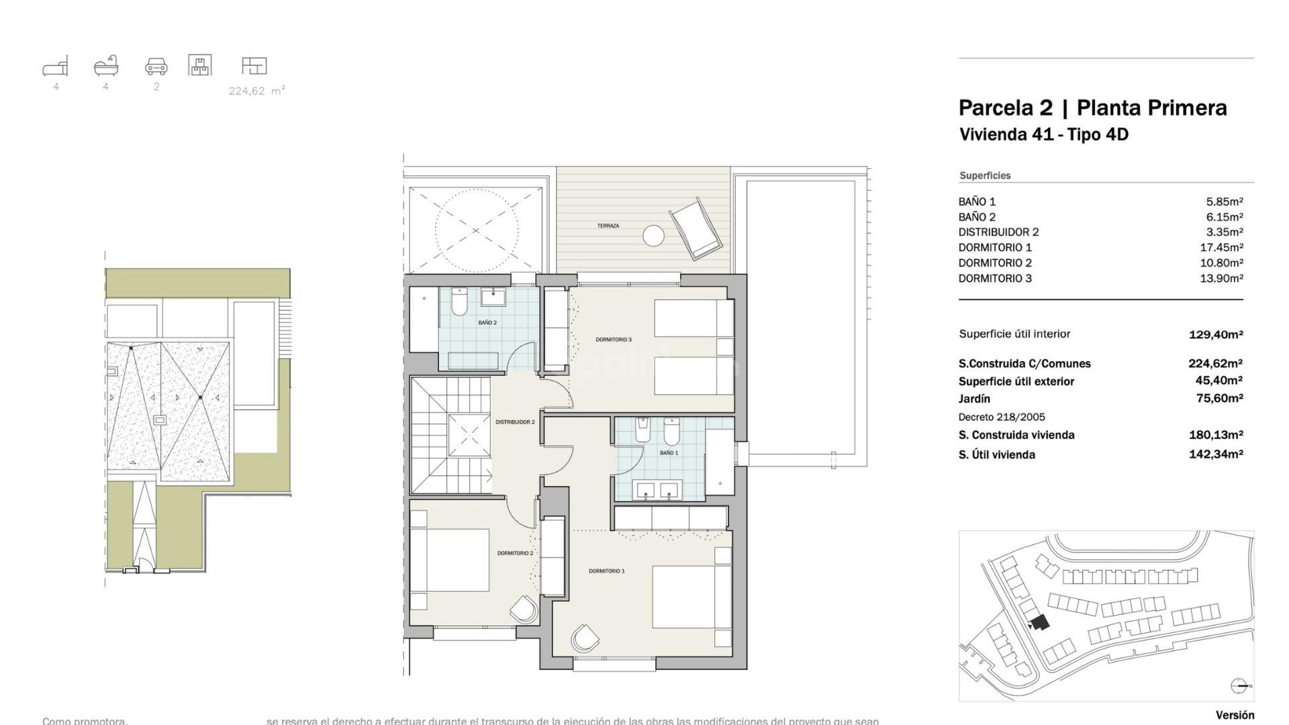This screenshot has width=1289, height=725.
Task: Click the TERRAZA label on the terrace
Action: point(608,226)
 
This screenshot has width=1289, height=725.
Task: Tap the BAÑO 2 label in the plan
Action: point(487,323)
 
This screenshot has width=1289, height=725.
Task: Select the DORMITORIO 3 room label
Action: point(613,340)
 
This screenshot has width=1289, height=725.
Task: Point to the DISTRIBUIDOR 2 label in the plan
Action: point(515,422)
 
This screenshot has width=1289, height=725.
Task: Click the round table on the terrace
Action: point(653,236)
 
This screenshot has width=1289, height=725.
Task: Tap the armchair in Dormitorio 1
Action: point(585,638)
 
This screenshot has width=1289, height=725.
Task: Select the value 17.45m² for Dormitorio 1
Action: point(1221,248)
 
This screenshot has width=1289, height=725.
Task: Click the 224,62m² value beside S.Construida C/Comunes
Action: point(1215,364)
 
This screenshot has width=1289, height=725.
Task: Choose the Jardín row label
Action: point(974,399)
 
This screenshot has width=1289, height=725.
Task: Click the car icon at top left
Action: point(156,66)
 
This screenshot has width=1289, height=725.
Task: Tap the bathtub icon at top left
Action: point(106,66)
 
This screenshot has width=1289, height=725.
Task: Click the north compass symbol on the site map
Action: point(1240,685)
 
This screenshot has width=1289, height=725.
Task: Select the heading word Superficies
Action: point(985,176)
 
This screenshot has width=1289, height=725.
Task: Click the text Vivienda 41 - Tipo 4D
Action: point(1043,135)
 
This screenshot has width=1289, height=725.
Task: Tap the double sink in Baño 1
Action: point(659,491)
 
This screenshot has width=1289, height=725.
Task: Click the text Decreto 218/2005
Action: point(1002,417)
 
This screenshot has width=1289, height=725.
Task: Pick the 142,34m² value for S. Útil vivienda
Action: point(1215,454)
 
